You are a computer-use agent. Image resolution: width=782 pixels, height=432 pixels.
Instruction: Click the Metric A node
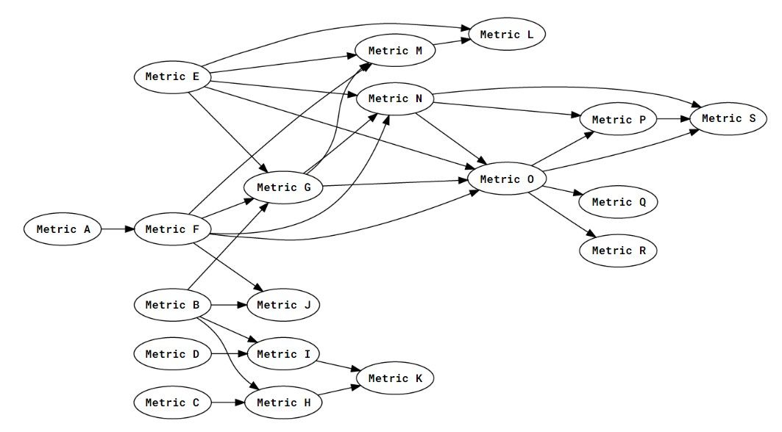click(62, 229)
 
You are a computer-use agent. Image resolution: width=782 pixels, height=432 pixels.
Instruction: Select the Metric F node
click(172, 229)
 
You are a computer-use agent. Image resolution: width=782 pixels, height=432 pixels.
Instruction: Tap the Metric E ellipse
click(172, 76)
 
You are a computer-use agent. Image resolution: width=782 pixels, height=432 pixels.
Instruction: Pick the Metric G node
click(284, 187)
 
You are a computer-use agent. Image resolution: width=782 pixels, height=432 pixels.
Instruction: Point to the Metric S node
click(728, 118)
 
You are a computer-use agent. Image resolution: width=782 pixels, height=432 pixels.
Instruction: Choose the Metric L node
click(507, 35)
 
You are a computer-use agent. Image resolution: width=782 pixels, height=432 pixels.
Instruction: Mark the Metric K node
click(395, 378)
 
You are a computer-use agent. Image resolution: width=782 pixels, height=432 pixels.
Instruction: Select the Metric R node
click(617, 251)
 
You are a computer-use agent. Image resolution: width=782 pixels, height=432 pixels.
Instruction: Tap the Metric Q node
click(617, 202)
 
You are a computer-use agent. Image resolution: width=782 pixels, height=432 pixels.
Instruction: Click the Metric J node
click(283, 305)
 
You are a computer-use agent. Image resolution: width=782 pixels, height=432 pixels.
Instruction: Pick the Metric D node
click(172, 354)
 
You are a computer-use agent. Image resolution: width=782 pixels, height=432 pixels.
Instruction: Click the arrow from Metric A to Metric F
click(117, 229)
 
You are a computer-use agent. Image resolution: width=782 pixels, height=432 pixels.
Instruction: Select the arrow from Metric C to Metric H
click(228, 403)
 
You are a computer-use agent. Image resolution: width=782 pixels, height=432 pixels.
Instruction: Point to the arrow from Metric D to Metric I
click(228, 354)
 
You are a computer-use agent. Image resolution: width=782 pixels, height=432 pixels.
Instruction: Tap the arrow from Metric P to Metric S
click(672, 118)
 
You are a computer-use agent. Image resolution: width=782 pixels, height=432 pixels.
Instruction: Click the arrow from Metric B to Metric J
click(228, 305)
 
